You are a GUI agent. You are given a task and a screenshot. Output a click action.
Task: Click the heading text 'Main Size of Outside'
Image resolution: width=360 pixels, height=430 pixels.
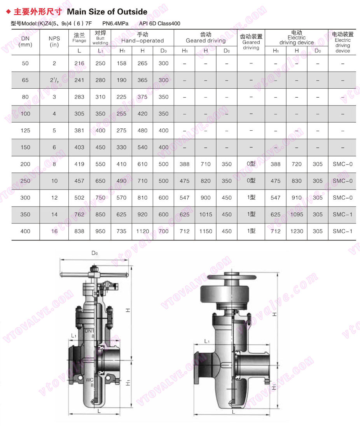coord(107,12)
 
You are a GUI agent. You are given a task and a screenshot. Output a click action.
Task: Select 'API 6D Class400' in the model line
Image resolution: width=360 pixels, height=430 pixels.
coord(159,23)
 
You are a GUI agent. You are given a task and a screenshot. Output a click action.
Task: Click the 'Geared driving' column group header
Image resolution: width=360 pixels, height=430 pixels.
coord(205,38)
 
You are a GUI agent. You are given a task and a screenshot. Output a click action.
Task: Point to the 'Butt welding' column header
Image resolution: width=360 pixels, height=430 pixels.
coord(100,38)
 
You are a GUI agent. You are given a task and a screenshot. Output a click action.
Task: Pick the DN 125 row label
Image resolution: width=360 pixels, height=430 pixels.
coord(25,131)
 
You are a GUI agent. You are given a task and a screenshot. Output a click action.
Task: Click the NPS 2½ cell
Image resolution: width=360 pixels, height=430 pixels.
coord(54,80)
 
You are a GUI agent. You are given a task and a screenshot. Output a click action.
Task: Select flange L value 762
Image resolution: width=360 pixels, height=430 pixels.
coord(79,214)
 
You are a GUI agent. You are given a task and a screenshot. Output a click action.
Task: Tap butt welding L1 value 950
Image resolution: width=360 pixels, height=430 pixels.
coord(100,231)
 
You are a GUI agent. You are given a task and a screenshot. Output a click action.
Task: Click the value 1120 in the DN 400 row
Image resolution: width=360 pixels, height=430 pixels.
coord(142,231)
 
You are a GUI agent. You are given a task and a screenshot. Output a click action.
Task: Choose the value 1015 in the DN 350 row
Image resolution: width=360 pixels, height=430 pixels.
coord(206,214)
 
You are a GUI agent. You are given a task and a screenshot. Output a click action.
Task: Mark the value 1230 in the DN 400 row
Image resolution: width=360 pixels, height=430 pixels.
coord(297,231)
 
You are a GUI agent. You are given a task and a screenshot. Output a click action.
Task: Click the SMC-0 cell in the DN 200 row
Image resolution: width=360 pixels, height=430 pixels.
coord(343,164)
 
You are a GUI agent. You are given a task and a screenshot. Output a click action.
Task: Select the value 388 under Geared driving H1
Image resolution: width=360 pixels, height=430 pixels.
coord(185,164)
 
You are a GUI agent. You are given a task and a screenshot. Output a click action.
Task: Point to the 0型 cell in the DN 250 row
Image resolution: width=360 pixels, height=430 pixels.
coord(251,181)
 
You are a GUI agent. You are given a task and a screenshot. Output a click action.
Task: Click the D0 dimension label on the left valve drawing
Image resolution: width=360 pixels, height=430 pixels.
coord(94,253)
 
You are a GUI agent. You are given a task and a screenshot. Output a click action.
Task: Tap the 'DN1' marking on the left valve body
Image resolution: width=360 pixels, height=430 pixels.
coord(89,331)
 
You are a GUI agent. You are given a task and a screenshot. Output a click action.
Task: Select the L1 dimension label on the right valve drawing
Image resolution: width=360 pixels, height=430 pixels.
coord(207,341)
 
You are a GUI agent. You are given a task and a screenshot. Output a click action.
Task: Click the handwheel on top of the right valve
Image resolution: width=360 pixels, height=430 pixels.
coord(232,279)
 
